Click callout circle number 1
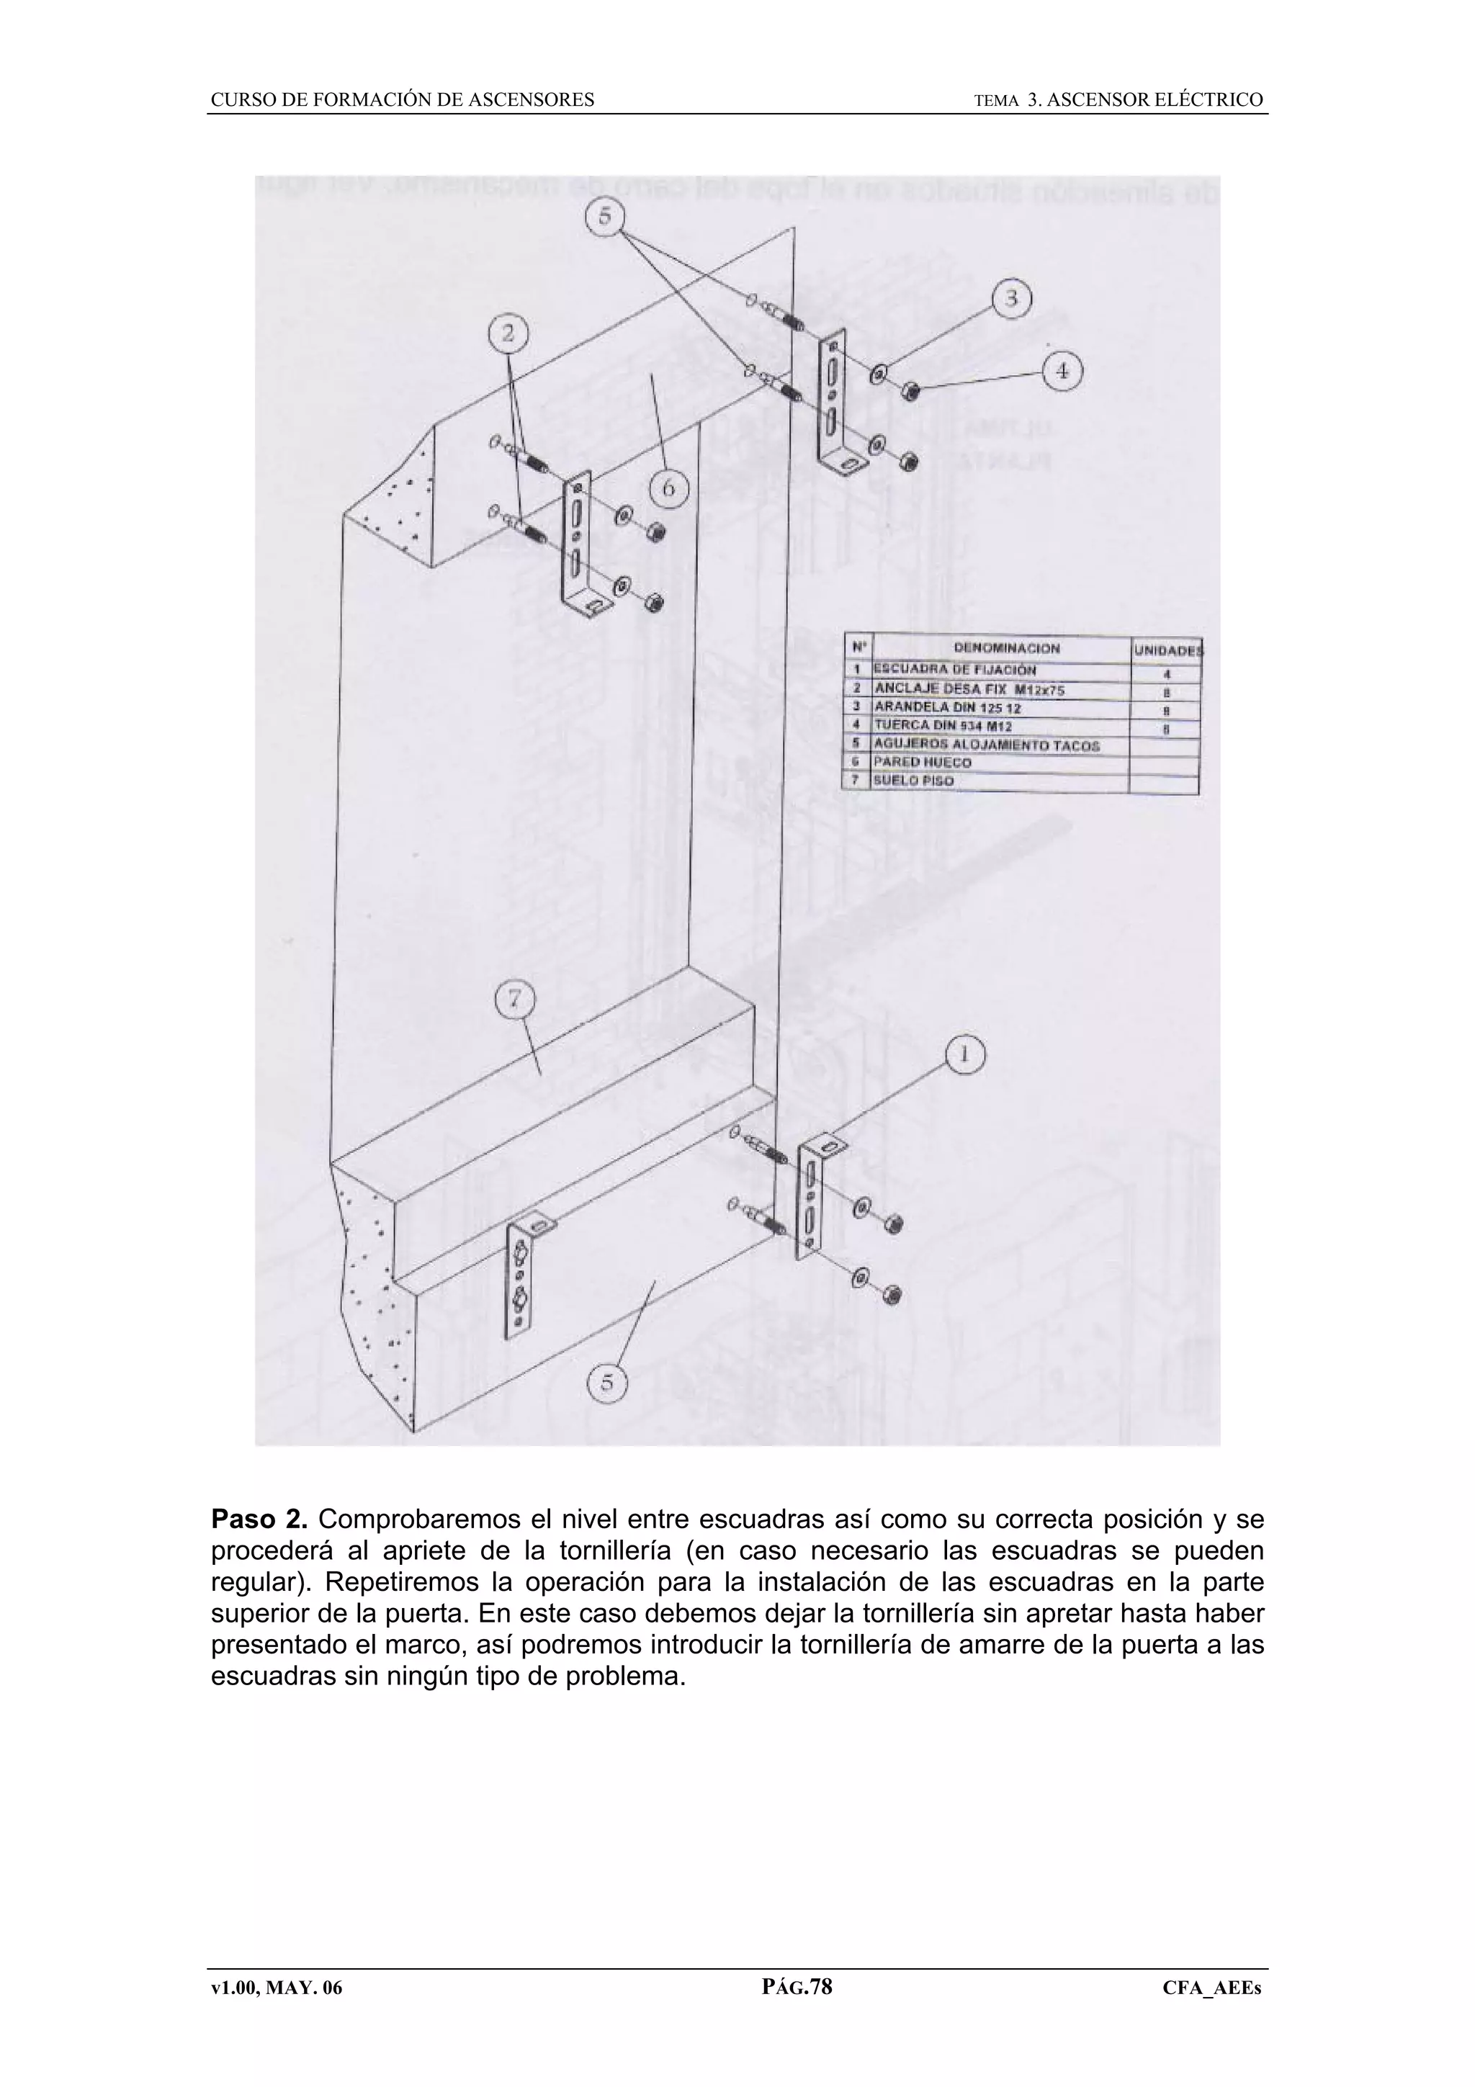(965, 1054)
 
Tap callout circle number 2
(508, 333)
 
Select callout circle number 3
(1010, 299)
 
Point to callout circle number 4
(1062, 372)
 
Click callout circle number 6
(669, 488)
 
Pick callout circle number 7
(514, 1000)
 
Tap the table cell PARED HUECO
(922, 762)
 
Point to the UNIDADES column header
(1167, 650)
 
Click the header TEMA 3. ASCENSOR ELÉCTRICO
(1118, 100)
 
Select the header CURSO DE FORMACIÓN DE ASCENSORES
(403, 100)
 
